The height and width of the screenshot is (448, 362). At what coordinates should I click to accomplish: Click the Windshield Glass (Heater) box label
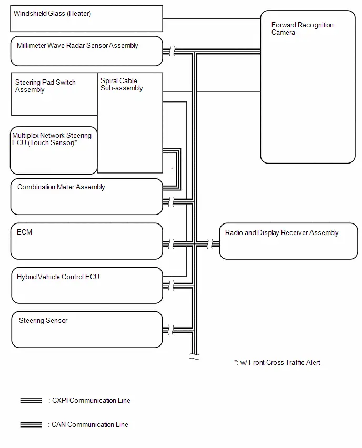tap(52, 14)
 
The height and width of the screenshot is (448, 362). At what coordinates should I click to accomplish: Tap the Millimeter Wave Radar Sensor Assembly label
tap(77, 45)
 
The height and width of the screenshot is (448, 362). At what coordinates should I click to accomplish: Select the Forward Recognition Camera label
tap(302, 28)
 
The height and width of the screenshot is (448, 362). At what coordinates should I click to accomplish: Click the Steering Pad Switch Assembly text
tap(45, 86)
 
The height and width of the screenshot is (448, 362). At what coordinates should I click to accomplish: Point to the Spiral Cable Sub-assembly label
tap(122, 84)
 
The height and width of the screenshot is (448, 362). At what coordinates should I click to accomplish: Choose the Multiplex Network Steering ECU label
tap(52, 139)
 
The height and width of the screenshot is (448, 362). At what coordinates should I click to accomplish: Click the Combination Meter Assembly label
tap(61, 187)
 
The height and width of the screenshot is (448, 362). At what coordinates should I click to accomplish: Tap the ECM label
tap(24, 232)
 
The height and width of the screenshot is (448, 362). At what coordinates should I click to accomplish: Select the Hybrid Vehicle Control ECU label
tap(58, 277)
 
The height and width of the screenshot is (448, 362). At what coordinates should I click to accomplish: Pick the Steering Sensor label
tap(43, 321)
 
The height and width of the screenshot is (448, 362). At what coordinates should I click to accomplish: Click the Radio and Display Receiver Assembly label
tap(281, 232)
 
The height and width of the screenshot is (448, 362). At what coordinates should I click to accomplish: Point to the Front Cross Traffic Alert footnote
tap(277, 363)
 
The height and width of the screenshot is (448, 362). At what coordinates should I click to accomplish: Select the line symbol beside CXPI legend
tap(31, 401)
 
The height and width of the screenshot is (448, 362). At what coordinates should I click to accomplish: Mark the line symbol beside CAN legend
tap(31, 425)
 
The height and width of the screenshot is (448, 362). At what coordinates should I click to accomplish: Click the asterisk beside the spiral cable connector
tap(172, 169)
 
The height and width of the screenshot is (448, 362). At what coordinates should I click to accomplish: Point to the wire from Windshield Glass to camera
tap(212, 18)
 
